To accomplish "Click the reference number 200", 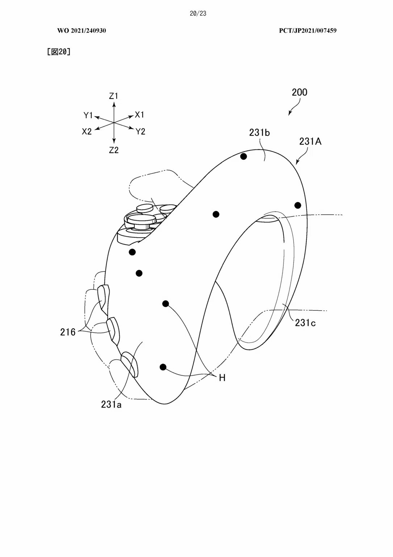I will coord(300,92).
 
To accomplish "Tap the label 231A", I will coord(310,141).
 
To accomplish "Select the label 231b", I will coord(259,133).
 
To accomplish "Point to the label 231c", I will coord(305,323).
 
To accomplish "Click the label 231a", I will coord(111,404).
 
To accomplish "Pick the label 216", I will coord(68,332).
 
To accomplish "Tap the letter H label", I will coord(222,378).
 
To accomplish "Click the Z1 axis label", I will coord(114,96).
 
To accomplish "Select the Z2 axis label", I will coord(114,150).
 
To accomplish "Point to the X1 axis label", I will coord(139,115).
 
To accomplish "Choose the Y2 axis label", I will coord(141,132).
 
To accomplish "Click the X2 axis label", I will coord(87,132).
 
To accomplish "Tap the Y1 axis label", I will coord(88,115).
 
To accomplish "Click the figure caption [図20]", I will coord(59,52).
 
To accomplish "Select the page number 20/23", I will coord(198,13).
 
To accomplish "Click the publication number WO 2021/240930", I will coord(81,31).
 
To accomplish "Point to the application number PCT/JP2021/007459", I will coord(308,31).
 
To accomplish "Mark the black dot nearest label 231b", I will coord(244,156).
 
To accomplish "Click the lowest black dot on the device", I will coord(163,367).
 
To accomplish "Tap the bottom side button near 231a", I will coord(129,364).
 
